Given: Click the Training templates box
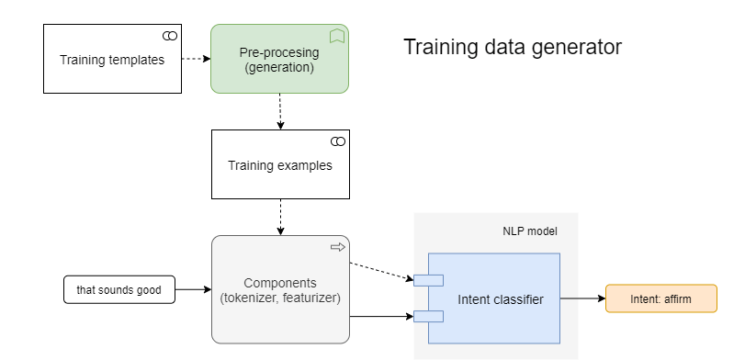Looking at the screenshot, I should (112, 60).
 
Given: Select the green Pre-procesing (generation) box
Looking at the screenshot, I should (279, 60).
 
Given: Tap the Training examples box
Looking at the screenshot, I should (279, 165).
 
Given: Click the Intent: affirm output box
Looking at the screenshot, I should (660, 298).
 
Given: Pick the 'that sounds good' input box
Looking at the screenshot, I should (119, 290).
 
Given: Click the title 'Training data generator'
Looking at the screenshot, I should (513, 47).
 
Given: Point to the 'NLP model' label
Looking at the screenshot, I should (529, 231).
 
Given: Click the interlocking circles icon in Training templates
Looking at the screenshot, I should (169, 35).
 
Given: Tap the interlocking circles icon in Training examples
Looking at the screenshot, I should (337, 141).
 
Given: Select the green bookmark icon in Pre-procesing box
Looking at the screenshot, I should (337, 36).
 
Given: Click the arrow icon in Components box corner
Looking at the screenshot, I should (337, 247).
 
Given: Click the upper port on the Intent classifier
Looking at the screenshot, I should (428, 280).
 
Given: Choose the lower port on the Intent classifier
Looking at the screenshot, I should (428, 317).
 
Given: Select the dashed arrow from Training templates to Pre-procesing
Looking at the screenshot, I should (195, 60).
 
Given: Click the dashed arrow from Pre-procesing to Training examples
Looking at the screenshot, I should (279, 111).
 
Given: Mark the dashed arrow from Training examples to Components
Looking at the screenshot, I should (279, 218).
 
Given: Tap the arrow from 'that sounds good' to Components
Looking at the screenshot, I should (192, 290).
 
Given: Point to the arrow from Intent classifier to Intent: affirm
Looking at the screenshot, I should (582, 298).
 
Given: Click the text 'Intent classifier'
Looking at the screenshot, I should (500, 298).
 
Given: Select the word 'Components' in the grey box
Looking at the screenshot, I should (279, 282).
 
